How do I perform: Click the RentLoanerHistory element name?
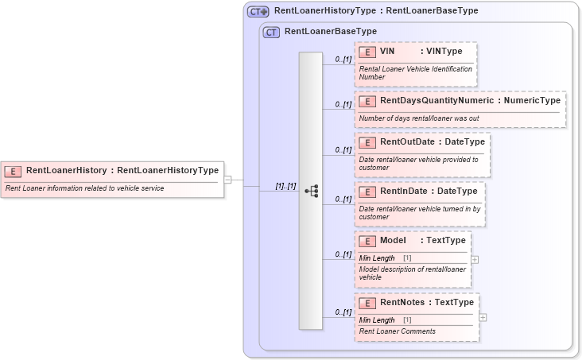tap(66, 170)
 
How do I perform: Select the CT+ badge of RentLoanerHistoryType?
tap(258, 12)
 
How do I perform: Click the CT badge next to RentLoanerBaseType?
tap(272, 33)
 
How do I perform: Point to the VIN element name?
tap(388, 52)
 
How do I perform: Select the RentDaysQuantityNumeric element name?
tap(436, 101)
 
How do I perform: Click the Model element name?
tap(394, 241)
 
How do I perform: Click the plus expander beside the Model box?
tap(475, 259)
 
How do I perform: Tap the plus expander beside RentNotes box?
tap(483, 317)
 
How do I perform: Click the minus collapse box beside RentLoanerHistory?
tap(228, 180)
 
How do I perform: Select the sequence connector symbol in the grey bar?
tap(311, 191)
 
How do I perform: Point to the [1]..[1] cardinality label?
tap(285, 186)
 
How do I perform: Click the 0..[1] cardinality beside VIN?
tap(343, 59)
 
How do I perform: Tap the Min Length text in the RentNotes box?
tap(377, 319)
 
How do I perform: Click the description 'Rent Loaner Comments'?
tap(398, 331)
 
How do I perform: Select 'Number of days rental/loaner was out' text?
tap(419, 118)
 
